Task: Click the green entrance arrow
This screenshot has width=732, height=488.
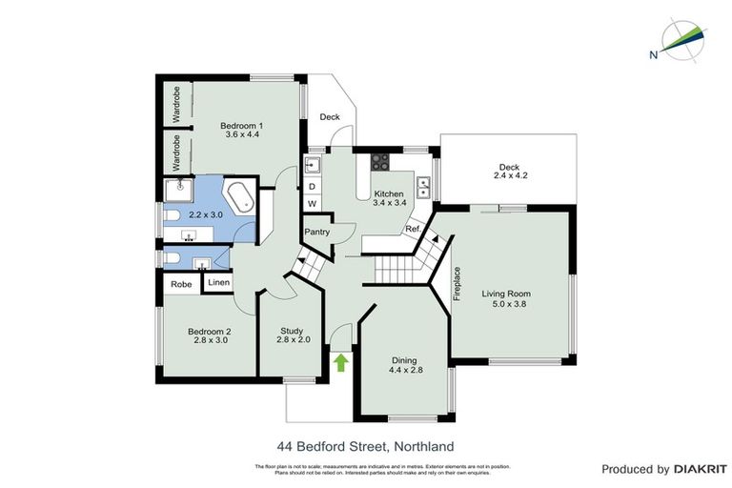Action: tap(341, 362)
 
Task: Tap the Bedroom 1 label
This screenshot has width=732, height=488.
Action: tap(241, 126)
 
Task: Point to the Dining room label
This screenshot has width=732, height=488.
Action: tap(404, 360)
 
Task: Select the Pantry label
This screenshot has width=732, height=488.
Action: tap(316, 232)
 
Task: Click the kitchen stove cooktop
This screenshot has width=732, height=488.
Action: tap(380, 160)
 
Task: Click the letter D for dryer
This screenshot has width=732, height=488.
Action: tap(312, 187)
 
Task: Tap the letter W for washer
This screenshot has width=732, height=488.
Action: tap(312, 204)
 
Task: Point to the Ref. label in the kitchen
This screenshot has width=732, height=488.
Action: tap(413, 230)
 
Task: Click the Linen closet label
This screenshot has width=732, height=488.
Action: tap(218, 283)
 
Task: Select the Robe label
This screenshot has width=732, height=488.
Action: tap(181, 284)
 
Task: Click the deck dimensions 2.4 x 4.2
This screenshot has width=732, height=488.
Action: tap(510, 175)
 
